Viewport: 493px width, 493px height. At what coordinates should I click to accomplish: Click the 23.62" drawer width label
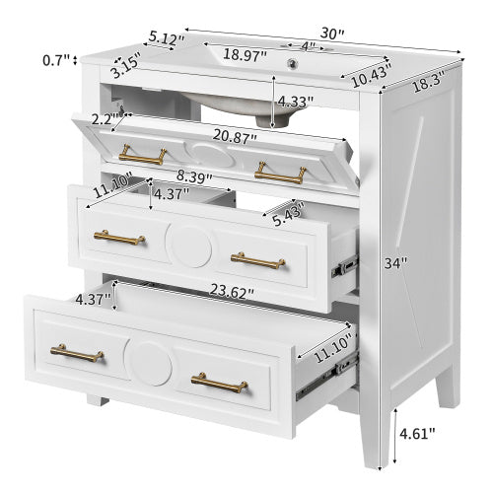[231, 292]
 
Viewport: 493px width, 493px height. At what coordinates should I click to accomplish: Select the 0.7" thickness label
[57, 61]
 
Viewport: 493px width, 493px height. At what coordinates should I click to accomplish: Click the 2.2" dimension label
[104, 118]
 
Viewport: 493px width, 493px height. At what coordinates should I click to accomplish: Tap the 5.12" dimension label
[166, 37]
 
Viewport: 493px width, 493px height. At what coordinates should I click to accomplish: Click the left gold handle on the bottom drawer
[77, 353]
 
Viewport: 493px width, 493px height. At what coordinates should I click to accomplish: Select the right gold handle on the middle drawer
[257, 259]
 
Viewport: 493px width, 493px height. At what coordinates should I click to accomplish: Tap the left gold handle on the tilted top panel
[144, 155]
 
